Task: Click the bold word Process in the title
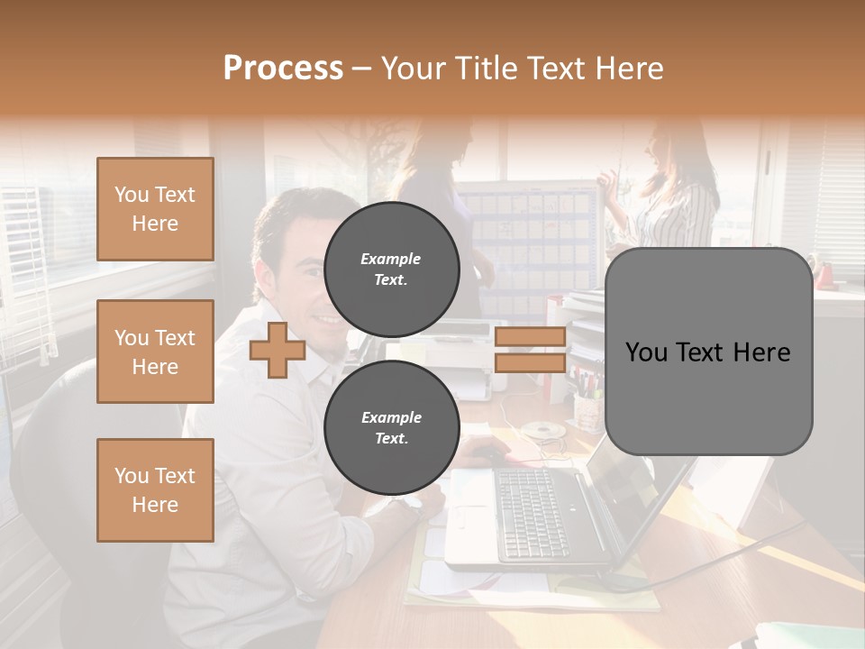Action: pyautogui.click(x=283, y=69)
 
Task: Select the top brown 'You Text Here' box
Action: pyautogui.click(x=155, y=209)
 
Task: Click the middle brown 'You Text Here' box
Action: pyautogui.click(x=155, y=352)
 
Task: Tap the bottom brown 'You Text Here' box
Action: pyautogui.click(x=155, y=490)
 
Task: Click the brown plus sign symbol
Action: pyautogui.click(x=278, y=351)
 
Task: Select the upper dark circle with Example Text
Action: pyautogui.click(x=391, y=269)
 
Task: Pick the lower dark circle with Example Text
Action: pyautogui.click(x=391, y=427)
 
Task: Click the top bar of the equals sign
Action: pyautogui.click(x=530, y=337)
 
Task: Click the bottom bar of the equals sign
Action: pyautogui.click(x=530, y=363)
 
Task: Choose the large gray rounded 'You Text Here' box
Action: pyautogui.click(x=708, y=352)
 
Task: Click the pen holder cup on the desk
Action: pyautogui.click(x=587, y=410)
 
